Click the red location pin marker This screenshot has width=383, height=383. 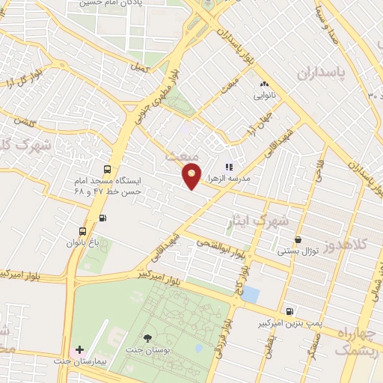coord(192,174)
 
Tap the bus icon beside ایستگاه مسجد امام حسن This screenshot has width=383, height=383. coord(107,170)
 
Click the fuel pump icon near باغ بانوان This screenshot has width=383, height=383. coord(102,218)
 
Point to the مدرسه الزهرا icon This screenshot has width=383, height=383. coord(230,167)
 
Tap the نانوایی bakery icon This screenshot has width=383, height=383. coord(263,85)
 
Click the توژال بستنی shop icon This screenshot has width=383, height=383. coord(298,240)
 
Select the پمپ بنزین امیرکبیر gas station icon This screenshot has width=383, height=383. coord(289,310)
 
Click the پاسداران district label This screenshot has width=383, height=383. coord(324,73)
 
